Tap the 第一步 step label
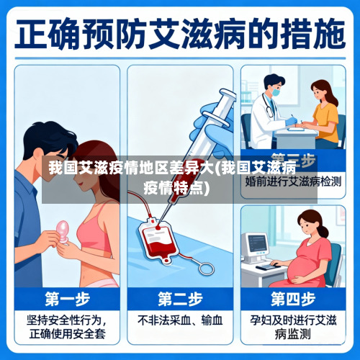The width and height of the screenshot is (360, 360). (66, 298)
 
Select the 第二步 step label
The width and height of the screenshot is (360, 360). (179, 298)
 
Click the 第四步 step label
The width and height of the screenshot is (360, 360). (292, 298)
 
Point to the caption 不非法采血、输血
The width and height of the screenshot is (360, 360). (179, 319)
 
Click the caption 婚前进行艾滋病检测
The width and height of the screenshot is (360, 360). (292, 183)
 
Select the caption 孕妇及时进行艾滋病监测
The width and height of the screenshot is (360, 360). (292, 325)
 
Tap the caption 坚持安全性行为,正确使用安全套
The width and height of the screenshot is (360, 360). (66, 325)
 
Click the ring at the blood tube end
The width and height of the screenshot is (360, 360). (207, 269)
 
